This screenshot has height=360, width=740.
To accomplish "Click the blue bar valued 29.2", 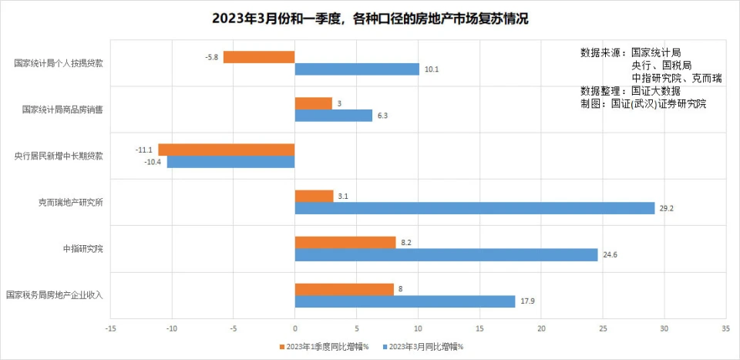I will tap(474, 208).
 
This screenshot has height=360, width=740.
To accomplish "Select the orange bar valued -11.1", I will tap(227, 150).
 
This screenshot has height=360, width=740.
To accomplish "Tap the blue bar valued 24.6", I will tap(446, 254).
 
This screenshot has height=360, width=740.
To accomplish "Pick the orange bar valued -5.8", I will tap(259, 57).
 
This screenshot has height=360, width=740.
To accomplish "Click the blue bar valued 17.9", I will tap(405, 301).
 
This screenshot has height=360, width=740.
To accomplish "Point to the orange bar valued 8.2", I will tap(345, 242).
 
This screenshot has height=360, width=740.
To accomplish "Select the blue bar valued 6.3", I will tap(333, 116).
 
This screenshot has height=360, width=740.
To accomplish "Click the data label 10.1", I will tap(432, 69).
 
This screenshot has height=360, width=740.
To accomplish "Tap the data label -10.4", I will tap(154, 163).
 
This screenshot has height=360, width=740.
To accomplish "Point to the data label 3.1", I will tap(345, 196).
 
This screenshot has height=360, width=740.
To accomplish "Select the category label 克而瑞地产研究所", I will tap(71, 203).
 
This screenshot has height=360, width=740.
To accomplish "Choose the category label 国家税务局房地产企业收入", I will tap(54, 295).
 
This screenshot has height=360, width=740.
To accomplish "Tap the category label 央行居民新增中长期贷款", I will tap(59, 156).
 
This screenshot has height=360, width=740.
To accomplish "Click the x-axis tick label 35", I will tap(725, 328).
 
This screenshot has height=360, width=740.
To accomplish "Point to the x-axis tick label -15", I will tap(111, 328).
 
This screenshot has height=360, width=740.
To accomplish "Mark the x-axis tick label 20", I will tap(540, 328).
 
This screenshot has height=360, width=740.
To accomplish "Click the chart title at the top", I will tap(370, 18).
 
